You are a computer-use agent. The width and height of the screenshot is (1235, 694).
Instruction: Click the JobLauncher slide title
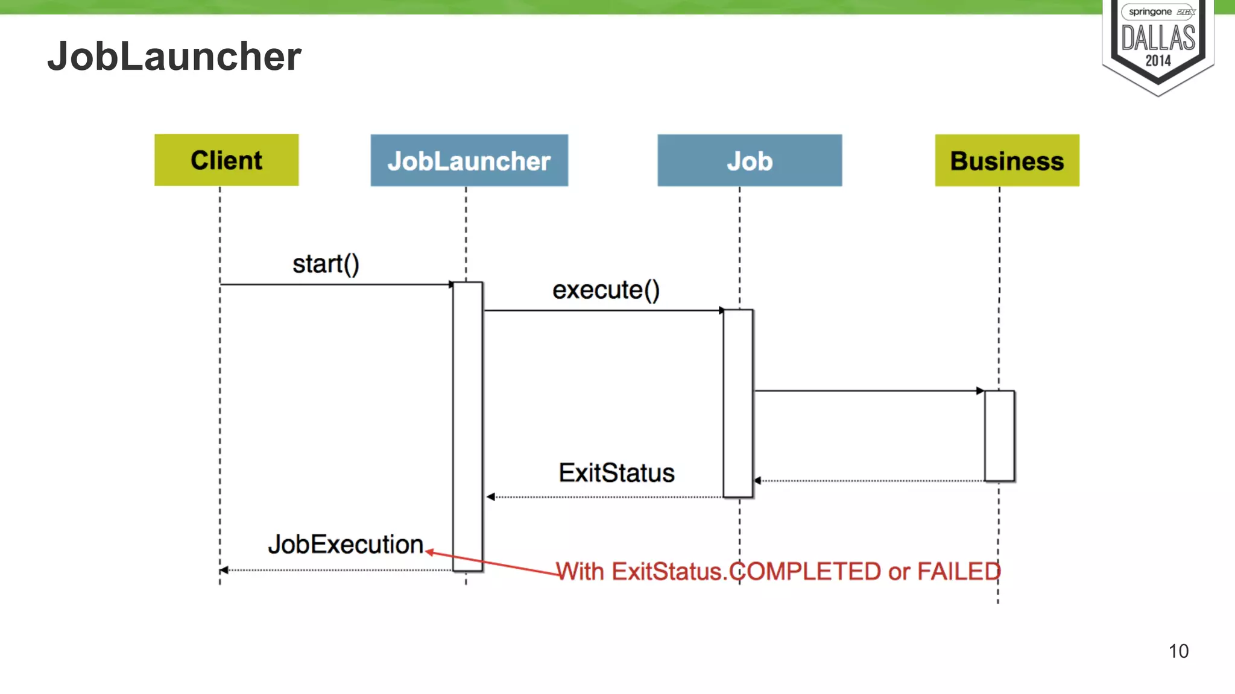pyautogui.click(x=174, y=57)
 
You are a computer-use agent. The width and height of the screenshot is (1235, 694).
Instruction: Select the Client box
pyautogui.click(x=226, y=160)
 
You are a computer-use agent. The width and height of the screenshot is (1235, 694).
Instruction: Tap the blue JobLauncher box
pyautogui.click(x=469, y=161)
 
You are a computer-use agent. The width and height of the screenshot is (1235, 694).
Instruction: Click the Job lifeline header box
pyautogui.click(x=749, y=161)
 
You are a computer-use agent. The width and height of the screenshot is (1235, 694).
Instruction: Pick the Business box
pyautogui.click(x=1006, y=161)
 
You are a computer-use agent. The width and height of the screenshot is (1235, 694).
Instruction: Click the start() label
pyautogui.click(x=326, y=264)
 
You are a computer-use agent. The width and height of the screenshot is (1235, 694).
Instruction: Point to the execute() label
pyautogui.click(x=605, y=290)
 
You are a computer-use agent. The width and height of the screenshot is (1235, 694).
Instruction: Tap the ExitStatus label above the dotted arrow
pyautogui.click(x=616, y=473)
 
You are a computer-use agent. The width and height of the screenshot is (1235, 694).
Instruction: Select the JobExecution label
pyautogui.click(x=346, y=545)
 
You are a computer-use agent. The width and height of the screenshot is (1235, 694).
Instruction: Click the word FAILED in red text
pyautogui.click(x=959, y=571)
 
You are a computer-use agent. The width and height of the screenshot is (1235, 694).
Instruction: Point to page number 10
pyautogui.click(x=1178, y=651)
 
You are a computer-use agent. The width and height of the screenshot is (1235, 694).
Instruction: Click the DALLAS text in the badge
pyautogui.click(x=1158, y=39)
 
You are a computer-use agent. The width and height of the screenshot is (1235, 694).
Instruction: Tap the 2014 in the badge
pyautogui.click(x=1158, y=61)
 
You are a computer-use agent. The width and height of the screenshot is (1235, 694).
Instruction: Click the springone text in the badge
pyautogui.click(x=1150, y=12)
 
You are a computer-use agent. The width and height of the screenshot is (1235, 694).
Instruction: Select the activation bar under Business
pyautogui.click(x=999, y=436)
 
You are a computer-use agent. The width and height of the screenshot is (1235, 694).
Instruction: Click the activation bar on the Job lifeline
pyautogui.click(x=738, y=403)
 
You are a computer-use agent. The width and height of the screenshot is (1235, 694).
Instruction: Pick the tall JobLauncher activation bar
pyautogui.click(x=467, y=425)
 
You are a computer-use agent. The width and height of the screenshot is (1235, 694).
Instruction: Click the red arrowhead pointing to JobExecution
pyautogui.click(x=429, y=551)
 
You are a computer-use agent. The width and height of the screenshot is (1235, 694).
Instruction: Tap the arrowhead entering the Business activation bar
pyautogui.click(x=980, y=391)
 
